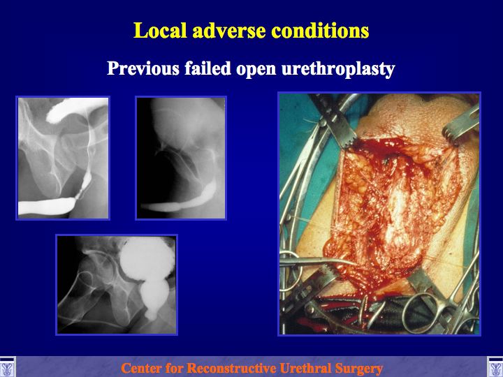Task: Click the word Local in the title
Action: (160, 31)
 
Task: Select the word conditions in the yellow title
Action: (320, 31)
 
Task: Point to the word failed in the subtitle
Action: (207, 68)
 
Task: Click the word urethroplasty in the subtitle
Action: (338, 68)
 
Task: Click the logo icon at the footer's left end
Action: (7, 367)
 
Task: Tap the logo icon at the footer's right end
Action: (495, 367)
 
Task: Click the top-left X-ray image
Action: (63, 158)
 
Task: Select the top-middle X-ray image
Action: (181, 158)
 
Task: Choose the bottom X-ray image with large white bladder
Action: (117, 285)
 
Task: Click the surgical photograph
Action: (379, 214)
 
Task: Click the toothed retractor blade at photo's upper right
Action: (461, 125)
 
